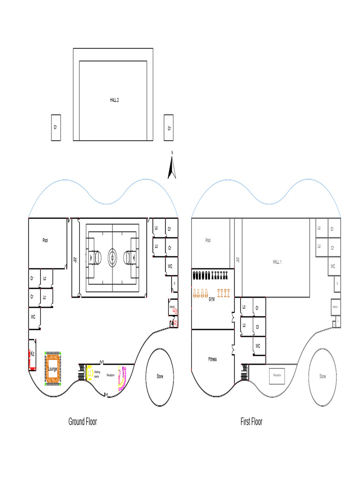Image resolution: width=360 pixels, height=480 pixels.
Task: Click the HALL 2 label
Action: point(114,100)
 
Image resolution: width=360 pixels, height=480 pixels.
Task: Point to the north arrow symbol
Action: point(172,168)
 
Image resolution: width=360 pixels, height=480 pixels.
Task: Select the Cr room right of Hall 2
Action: point(169,127)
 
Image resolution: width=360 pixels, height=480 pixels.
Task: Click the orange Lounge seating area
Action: point(52,368)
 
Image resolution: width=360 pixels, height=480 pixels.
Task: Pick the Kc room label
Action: point(32,354)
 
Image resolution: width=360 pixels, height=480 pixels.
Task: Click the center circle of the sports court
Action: point(112,257)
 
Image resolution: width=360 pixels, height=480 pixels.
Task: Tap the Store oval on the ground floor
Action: point(160,377)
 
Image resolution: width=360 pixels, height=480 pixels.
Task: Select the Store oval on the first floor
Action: point(322,377)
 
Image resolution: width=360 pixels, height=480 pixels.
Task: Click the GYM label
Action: point(211,300)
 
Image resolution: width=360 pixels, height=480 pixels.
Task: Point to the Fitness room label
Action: point(212,360)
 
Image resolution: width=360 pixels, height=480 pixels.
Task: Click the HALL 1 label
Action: point(277,262)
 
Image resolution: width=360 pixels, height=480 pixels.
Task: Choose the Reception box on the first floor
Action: point(277,375)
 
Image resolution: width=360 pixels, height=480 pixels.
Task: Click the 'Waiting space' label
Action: point(97,375)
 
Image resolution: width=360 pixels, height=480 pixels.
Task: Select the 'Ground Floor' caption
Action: point(82,421)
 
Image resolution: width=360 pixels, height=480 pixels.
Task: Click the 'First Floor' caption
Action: point(251,421)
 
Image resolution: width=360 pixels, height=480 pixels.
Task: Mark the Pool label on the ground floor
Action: point(45,240)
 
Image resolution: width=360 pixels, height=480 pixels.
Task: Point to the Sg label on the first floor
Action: point(238,259)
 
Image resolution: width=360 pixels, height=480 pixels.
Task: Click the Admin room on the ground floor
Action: point(173,307)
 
